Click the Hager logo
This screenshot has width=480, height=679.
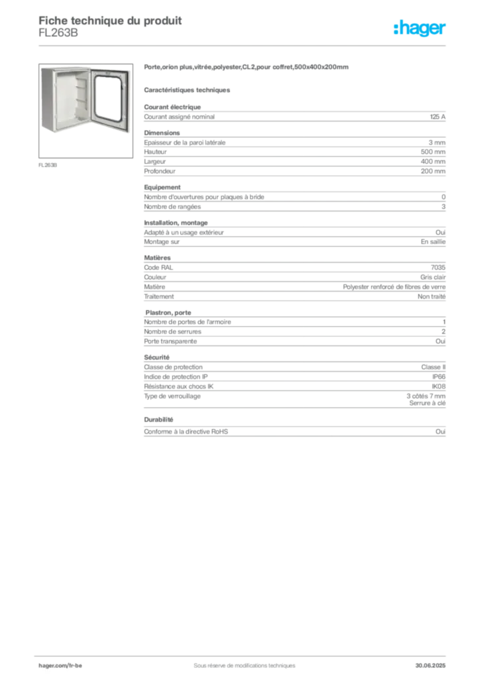pyautogui.click(x=420, y=28)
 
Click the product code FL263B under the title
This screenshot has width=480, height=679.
pyautogui.click(x=58, y=33)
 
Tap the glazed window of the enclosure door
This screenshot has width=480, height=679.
pyautogui.click(x=108, y=98)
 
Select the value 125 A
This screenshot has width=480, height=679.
pyautogui.click(x=438, y=117)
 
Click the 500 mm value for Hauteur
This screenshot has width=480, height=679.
pyautogui.click(x=433, y=152)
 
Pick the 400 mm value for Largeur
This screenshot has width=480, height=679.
pyautogui.click(x=433, y=162)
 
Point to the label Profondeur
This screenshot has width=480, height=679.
pyautogui.click(x=160, y=171)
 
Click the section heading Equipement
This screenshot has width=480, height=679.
pyautogui.click(x=162, y=187)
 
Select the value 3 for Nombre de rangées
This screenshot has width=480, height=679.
pyautogui.click(x=444, y=207)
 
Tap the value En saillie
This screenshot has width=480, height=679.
pyautogui.click(x=433, y=241)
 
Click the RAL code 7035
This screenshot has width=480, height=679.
pyautogui.click(x=438, y=267)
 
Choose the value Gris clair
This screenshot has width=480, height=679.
pyautogui.click(x=433, y=277)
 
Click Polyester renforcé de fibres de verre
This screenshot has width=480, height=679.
pyautogui.click(x=394, y=286)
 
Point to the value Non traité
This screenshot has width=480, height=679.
pyautogui.click(x=432, y=296)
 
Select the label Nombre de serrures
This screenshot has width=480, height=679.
pyautogui.click(x=172, y=332)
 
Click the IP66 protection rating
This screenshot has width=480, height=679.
pyautogui.click(x=439, y=377)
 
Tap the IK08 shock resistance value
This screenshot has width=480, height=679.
pyautogui.click(x=438, y=387)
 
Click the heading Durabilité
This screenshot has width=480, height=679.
pyautogui.click(x=158, y=420)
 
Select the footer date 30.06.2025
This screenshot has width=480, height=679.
pyautogui.click(x=430, y=666)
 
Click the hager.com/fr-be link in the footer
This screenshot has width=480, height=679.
pyautogui.click(x=60, y=666)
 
